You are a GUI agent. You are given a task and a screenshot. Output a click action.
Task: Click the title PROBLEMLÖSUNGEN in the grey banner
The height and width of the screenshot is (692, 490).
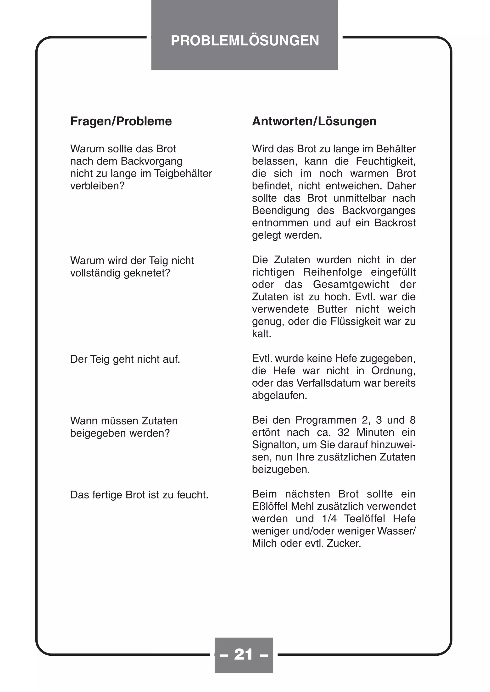click(245, 41)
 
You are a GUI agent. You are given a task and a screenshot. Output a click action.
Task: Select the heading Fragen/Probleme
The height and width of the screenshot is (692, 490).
click(121, 121)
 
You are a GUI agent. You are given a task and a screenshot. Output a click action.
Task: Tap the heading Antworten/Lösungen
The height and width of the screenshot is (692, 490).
click(314, 121)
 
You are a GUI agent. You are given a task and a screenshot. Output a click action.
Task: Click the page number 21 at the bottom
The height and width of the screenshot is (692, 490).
click(243, 654)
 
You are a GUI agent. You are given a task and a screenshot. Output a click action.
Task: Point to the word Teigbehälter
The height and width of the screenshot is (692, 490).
click(183, 174)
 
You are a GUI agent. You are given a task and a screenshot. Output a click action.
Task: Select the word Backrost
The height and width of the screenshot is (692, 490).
click(395, 223)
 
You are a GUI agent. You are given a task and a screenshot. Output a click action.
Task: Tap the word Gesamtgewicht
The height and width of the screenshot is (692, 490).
click(351, 284)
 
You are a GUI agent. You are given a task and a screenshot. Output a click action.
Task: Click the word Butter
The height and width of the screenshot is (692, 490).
click(332, 309)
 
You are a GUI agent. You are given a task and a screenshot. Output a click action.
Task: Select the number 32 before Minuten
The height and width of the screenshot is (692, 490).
click(343, 432)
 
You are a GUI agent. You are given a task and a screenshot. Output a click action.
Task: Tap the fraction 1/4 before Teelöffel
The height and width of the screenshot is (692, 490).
click(329, 519)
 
